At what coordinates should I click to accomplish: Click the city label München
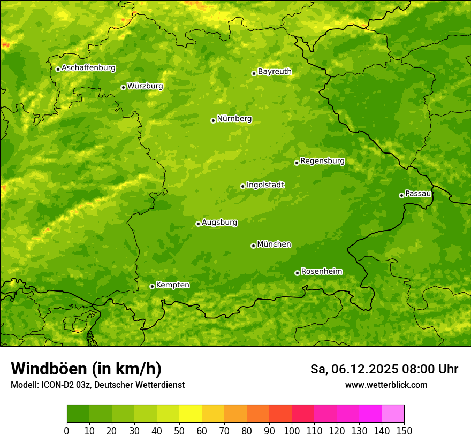pos(274,244)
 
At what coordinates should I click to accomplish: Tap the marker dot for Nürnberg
pos(213,120)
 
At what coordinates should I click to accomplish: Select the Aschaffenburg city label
pos(88,68)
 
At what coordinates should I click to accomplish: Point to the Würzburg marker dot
pos(123,87)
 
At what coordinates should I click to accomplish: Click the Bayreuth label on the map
pos(275,72)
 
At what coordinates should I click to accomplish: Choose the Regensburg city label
pos(322,161)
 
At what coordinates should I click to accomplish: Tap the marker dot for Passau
pos(401,195)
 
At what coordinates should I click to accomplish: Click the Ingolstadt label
pos(265,185)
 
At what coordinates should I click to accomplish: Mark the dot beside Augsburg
pos(198,224)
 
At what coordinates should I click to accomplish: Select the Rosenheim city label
pos(321,272)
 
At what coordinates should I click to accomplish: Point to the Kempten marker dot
pos(152,286)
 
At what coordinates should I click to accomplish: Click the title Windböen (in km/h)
pos(86,369)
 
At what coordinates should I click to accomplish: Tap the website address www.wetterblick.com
pos(386,385)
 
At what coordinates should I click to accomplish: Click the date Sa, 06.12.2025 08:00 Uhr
pos(384,369)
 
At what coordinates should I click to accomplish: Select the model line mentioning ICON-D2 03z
pos(97,385)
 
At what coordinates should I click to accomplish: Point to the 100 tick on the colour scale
pos(292,431)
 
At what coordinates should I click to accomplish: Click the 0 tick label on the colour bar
pos(67,431)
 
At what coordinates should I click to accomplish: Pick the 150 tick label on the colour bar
pos(404,431)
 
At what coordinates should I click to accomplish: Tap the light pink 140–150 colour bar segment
pos(393,414)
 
